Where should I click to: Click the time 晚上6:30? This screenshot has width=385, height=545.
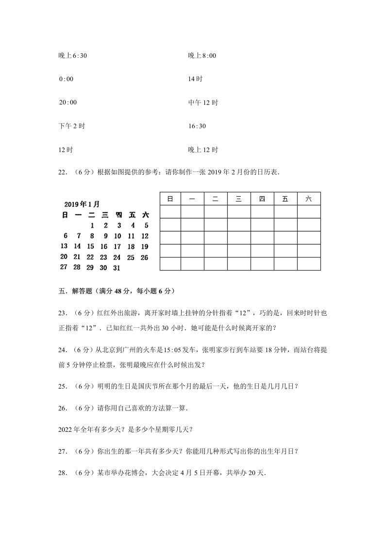point(72,56)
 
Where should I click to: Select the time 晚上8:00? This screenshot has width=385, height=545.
point(202,56)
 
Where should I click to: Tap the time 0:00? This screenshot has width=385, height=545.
point(66,79)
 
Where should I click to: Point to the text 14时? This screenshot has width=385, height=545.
point(195,79)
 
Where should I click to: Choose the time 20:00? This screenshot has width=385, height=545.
point(67,102)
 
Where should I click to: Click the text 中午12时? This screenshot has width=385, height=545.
point(203,102)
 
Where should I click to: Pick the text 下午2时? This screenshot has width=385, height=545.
point(71,126)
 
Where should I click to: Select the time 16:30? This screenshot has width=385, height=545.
point(197,126)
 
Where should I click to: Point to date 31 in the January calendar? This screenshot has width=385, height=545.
point(117,268)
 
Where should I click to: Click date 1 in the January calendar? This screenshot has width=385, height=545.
point(92,225)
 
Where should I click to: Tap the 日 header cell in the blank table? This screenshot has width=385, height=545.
point(170,199)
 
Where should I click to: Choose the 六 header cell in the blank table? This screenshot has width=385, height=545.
point(309,199)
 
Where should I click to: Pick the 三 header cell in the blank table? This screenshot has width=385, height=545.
point(239,199)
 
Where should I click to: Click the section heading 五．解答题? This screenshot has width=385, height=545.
point(73,291)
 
